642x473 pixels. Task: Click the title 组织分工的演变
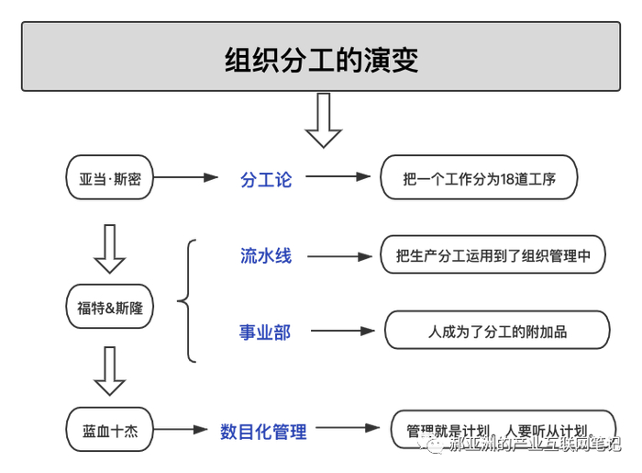click(321, 60)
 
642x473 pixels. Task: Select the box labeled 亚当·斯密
click(109, 177)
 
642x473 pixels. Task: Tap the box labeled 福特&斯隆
click(109, 308)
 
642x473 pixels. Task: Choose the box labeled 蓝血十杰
click(109, 429)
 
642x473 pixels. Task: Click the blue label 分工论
click(265, 179)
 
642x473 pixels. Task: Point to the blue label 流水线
click(265, 256)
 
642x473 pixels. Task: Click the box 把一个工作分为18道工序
click(480, 178)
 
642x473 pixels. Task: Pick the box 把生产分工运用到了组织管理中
click(493, 256)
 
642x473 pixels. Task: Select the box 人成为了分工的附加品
click(496, 331)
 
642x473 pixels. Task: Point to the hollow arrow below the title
click(323, 120)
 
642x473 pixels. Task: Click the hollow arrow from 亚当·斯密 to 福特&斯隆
click(109, 248)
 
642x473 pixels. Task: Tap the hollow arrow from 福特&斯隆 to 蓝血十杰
click(109, 370)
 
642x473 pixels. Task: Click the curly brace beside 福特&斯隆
click(187, 300)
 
